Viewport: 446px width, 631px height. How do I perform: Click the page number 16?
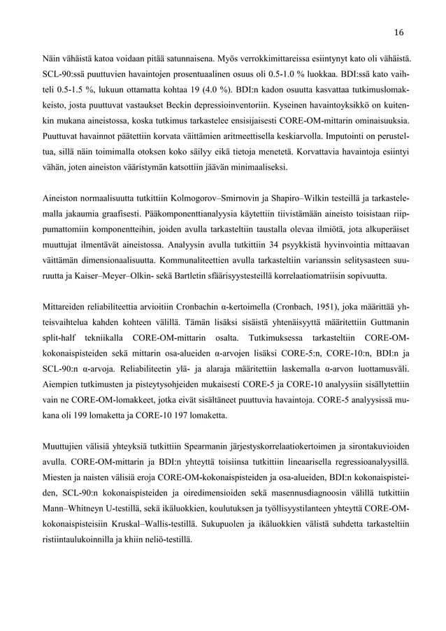(x=398, y=31)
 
